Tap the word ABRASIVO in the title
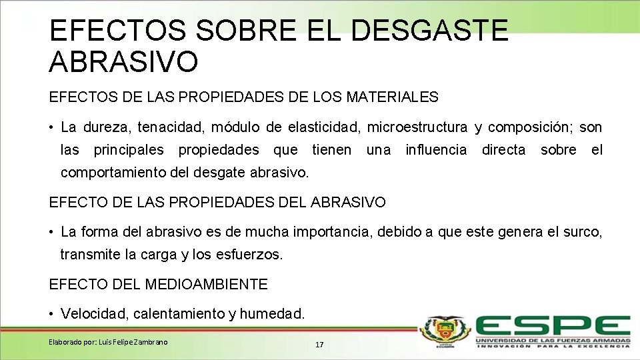[123, 62]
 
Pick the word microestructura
[417, 127]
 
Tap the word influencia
[436, 150]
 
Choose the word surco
[583, 232]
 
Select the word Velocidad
[89, 313]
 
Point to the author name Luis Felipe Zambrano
[133, 342]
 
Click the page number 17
[319, 345]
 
